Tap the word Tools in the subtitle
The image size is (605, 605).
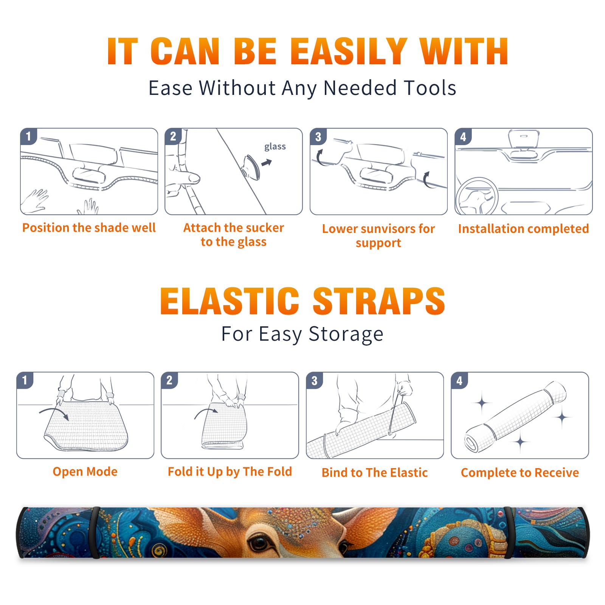click(x=430, y=88)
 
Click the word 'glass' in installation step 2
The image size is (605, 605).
click(x=275, y=147)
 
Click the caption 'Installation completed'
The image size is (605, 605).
click(x=523, y=229)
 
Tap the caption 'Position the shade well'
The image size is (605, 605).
click(x=89, y=228)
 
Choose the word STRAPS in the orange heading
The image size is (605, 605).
click(x=379, y=301)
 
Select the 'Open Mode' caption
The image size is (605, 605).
click(x=85, y=472)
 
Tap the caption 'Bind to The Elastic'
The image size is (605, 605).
click(x=375, y=473)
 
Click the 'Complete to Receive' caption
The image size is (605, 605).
click(x=520, y=473)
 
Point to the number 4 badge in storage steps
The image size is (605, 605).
click(x=459, y=381)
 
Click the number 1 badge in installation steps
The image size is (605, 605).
click(x=28, y=136)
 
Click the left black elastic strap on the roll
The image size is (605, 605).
click(x=95, y=532)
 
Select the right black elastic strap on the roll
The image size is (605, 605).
click(x=509, y=532)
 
